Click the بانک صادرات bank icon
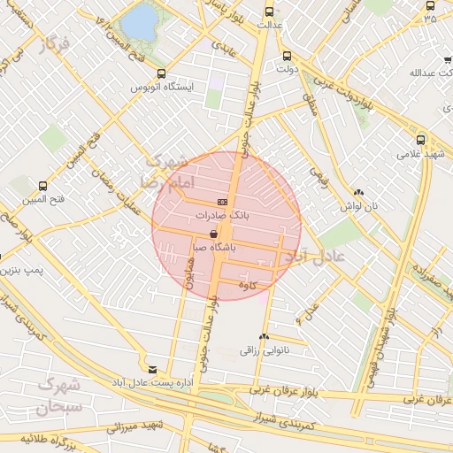pos(221,202)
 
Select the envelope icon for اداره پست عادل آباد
pos(153,369)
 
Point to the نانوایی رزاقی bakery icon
pos(264,336)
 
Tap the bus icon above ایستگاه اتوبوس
pos(161,74)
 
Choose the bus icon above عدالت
pos(269,12)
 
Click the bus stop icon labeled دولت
pos(286,55)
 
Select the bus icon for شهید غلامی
pos(419,139)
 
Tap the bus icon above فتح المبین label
pos(42,186)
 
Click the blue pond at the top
pos(139,24)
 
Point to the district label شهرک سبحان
pos(58,396)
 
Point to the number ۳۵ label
pos(431,18)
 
